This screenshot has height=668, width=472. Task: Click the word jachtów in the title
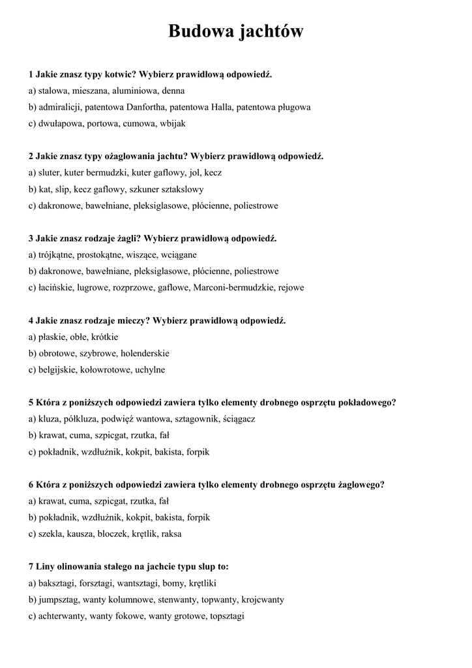[270, 31]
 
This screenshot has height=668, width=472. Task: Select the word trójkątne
[57, 254]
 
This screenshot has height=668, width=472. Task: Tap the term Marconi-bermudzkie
[234, 287]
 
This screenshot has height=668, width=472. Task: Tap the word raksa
[171, 534]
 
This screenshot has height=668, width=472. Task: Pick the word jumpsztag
[61, 599]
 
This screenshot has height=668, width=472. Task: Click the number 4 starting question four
[31, 320]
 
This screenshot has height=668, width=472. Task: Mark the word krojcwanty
[263, 599]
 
